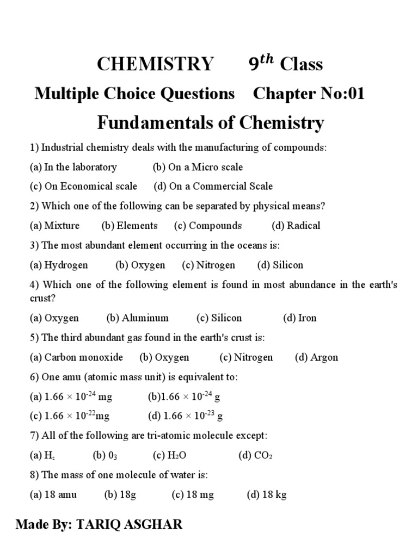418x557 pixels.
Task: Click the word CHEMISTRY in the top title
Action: pos(155,64)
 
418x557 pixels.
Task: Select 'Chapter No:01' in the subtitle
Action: pos(309,94)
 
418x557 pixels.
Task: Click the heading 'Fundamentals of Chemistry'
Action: pos(210,123)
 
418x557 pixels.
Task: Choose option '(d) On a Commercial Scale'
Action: pos(213,186)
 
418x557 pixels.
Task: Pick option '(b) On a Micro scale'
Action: pos(198,167)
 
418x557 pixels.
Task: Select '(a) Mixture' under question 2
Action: pos(54,226)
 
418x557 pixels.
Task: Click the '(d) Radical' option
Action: pos(296,226)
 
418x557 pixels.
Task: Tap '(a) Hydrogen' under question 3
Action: pos(59,265)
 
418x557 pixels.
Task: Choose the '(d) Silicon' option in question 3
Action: pos(280,265)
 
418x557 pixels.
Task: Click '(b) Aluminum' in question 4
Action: pos(137,318)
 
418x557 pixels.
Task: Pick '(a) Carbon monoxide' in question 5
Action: pos(76,357)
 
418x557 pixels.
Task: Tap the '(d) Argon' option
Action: pos(316,357)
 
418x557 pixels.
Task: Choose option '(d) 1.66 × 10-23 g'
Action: pos(185,416)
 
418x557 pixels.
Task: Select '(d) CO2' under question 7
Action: pos(255,455)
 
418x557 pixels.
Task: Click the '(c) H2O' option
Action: pos(170,455)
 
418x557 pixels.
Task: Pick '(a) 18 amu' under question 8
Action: pos(53,494)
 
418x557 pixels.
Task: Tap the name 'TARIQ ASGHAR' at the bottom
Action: pos(130,525)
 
